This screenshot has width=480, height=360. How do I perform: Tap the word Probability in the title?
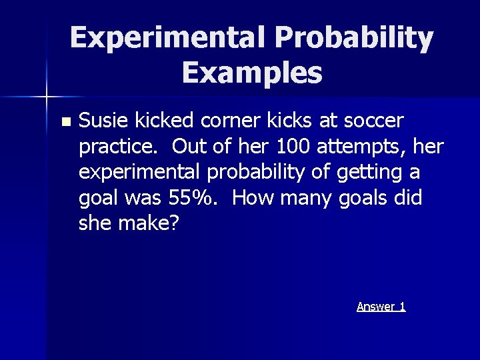pos(353,38)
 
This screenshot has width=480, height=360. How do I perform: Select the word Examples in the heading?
pos(251,73)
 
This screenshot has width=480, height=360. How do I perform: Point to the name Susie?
pos(104,121)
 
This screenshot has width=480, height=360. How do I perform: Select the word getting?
pos(369,172)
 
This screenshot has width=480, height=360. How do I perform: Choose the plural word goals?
pos(365,198)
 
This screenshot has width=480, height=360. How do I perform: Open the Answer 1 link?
pos(381,307)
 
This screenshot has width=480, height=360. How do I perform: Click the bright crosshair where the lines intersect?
pos(47,98)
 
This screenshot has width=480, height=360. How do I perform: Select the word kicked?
pos(163,121)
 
